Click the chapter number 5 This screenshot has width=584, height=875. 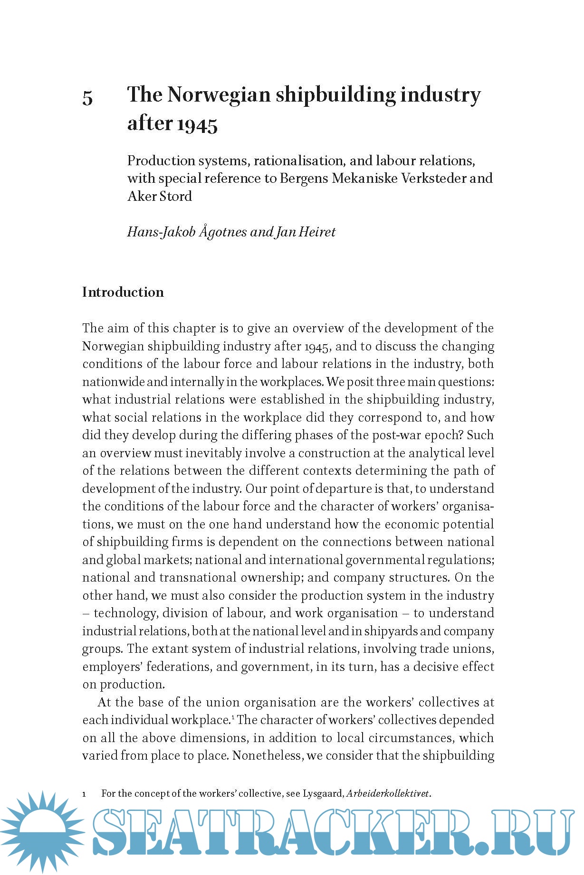tap(87, 98)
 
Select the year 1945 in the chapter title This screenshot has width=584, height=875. tap(197, 124)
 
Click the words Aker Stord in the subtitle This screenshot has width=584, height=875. tap(160, 196)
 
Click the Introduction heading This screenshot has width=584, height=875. tap(123, 292)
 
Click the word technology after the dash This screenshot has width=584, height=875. tap(125, 613)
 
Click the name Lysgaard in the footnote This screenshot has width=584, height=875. tap(323, 793)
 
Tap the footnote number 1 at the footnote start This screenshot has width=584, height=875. tap(84, 794)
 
